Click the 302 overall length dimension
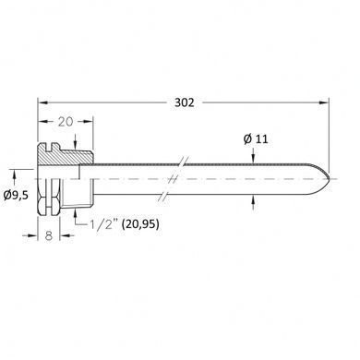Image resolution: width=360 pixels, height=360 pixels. (x=185, y=102)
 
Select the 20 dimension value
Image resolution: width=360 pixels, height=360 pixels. (x=66, y=122)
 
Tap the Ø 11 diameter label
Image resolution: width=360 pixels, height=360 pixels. (x=256, y=139)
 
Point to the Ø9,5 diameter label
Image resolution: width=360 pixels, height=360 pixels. (x=16, y=195)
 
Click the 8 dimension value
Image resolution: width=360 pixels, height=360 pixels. (x=49, y=236)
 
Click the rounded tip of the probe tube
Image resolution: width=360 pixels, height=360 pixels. (x=329, y=179)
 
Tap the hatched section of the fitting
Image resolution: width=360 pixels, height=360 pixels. (x=66, y=155)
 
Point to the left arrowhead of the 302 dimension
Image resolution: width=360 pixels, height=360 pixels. (x=42, y=102)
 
